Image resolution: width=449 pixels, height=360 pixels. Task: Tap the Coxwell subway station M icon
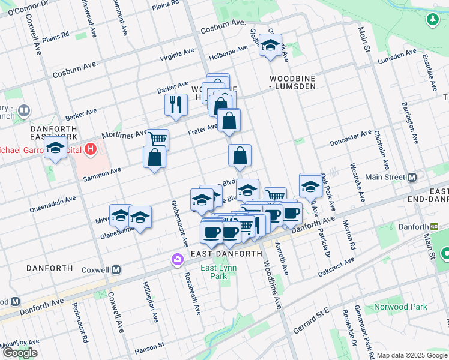[116, 270]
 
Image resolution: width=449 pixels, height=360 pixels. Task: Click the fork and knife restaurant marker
[176, 104]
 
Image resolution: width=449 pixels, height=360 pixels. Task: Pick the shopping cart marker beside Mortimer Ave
[157, 139]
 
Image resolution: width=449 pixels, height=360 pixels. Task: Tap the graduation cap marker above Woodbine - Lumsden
[270, 44]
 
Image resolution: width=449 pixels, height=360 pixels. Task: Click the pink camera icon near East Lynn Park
[178, 260]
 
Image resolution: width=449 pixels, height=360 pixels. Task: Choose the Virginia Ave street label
[177, 52]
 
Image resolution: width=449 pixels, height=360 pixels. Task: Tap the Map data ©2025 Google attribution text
[412, 355]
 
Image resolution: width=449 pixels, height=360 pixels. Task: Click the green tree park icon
[432, 20]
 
